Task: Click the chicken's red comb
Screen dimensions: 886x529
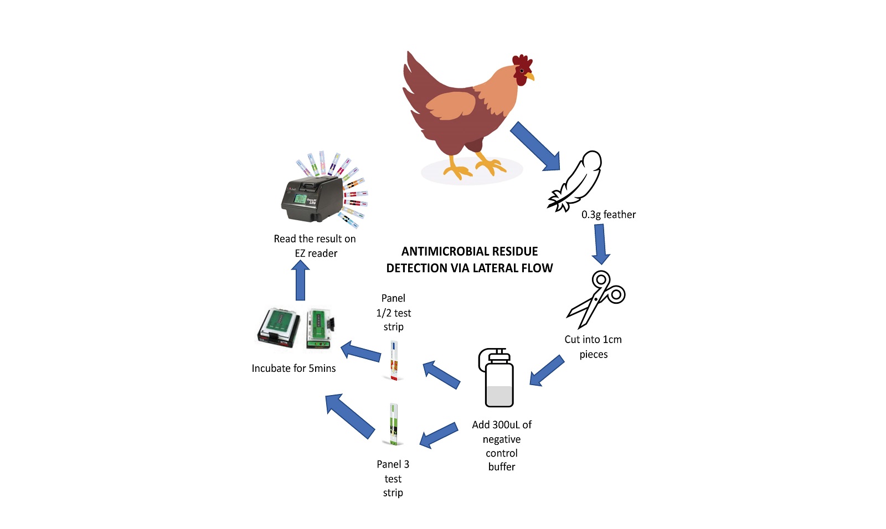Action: (x=522, y=62)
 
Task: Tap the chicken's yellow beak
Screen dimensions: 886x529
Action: (x=530, y=76)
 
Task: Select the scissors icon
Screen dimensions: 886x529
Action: (x=596, y=299)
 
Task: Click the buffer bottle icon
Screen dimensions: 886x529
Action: (x=496, y=377)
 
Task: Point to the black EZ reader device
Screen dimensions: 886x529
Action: (x=312, y=199)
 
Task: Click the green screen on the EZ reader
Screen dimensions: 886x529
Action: (x=300, y=199)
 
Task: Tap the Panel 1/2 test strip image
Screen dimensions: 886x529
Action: (x=394, y=360)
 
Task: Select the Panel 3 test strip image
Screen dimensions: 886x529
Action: (x=393, y=424)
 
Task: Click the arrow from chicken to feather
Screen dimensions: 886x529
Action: (x=535, y=146)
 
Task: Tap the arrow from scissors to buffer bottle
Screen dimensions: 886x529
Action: (x=547, y=370)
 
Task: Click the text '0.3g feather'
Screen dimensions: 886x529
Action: (x=609, y=215)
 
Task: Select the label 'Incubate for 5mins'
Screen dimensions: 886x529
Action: (x=293, y=369)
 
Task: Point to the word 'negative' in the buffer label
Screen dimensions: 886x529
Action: (x=502, y=439)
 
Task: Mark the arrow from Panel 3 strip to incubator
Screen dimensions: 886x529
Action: (x=349, y=416)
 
